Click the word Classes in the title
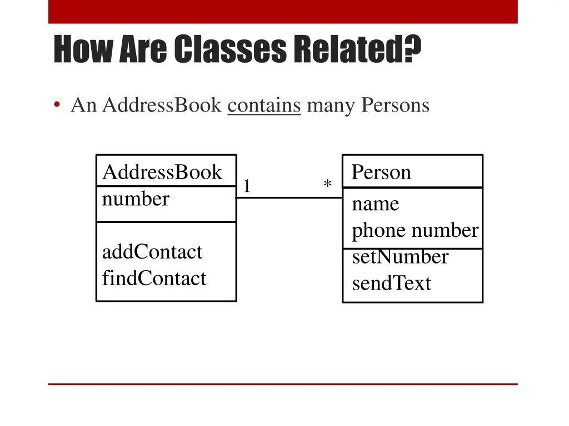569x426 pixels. [x=230, y=49]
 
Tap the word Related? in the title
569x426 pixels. [x=357, y=49]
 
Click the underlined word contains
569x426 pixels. [x=264, y=105]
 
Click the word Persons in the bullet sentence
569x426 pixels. [x=395, y=105]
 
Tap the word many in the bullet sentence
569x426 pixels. [x=331, y=105]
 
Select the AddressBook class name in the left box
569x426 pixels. [x=162, y=173]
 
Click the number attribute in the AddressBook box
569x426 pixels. [x=136, y=199]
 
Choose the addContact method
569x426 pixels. [x=152, y=252]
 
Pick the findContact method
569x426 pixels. [x=154, y=278]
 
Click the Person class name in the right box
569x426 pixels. [x=381, y=173]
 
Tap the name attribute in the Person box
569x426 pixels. [x=376, y=204]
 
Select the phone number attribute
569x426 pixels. [x=415, y=230]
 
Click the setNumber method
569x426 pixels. [x=400, y=257]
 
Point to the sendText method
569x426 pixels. [x=391, y=283]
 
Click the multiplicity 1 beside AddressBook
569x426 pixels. [x=247, y=186]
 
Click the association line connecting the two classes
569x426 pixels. [x=289, y=197]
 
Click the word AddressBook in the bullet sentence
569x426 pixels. [x=162, y=105]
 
